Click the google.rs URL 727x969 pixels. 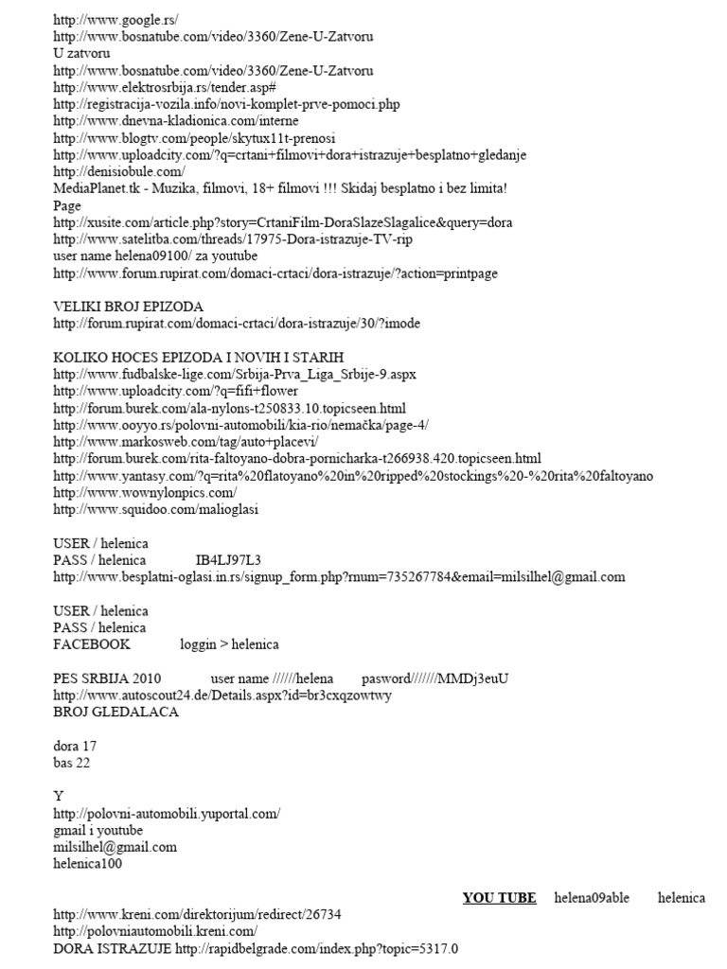[115, 19]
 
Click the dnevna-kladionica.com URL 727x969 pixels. [176, 120]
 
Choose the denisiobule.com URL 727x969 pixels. [119, 171]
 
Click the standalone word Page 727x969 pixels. [67, 205]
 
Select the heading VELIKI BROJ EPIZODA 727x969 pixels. [128, 307]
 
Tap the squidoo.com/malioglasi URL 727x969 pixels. [156, 509]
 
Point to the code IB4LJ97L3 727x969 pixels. [228, 560]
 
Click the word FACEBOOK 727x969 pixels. [92, 644]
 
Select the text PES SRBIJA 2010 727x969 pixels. [107, 678]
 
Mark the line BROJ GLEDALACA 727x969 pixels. [116, 712]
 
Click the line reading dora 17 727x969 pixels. [75, 746]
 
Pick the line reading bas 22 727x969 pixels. [72, 762]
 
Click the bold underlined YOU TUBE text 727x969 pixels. [499, 898]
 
